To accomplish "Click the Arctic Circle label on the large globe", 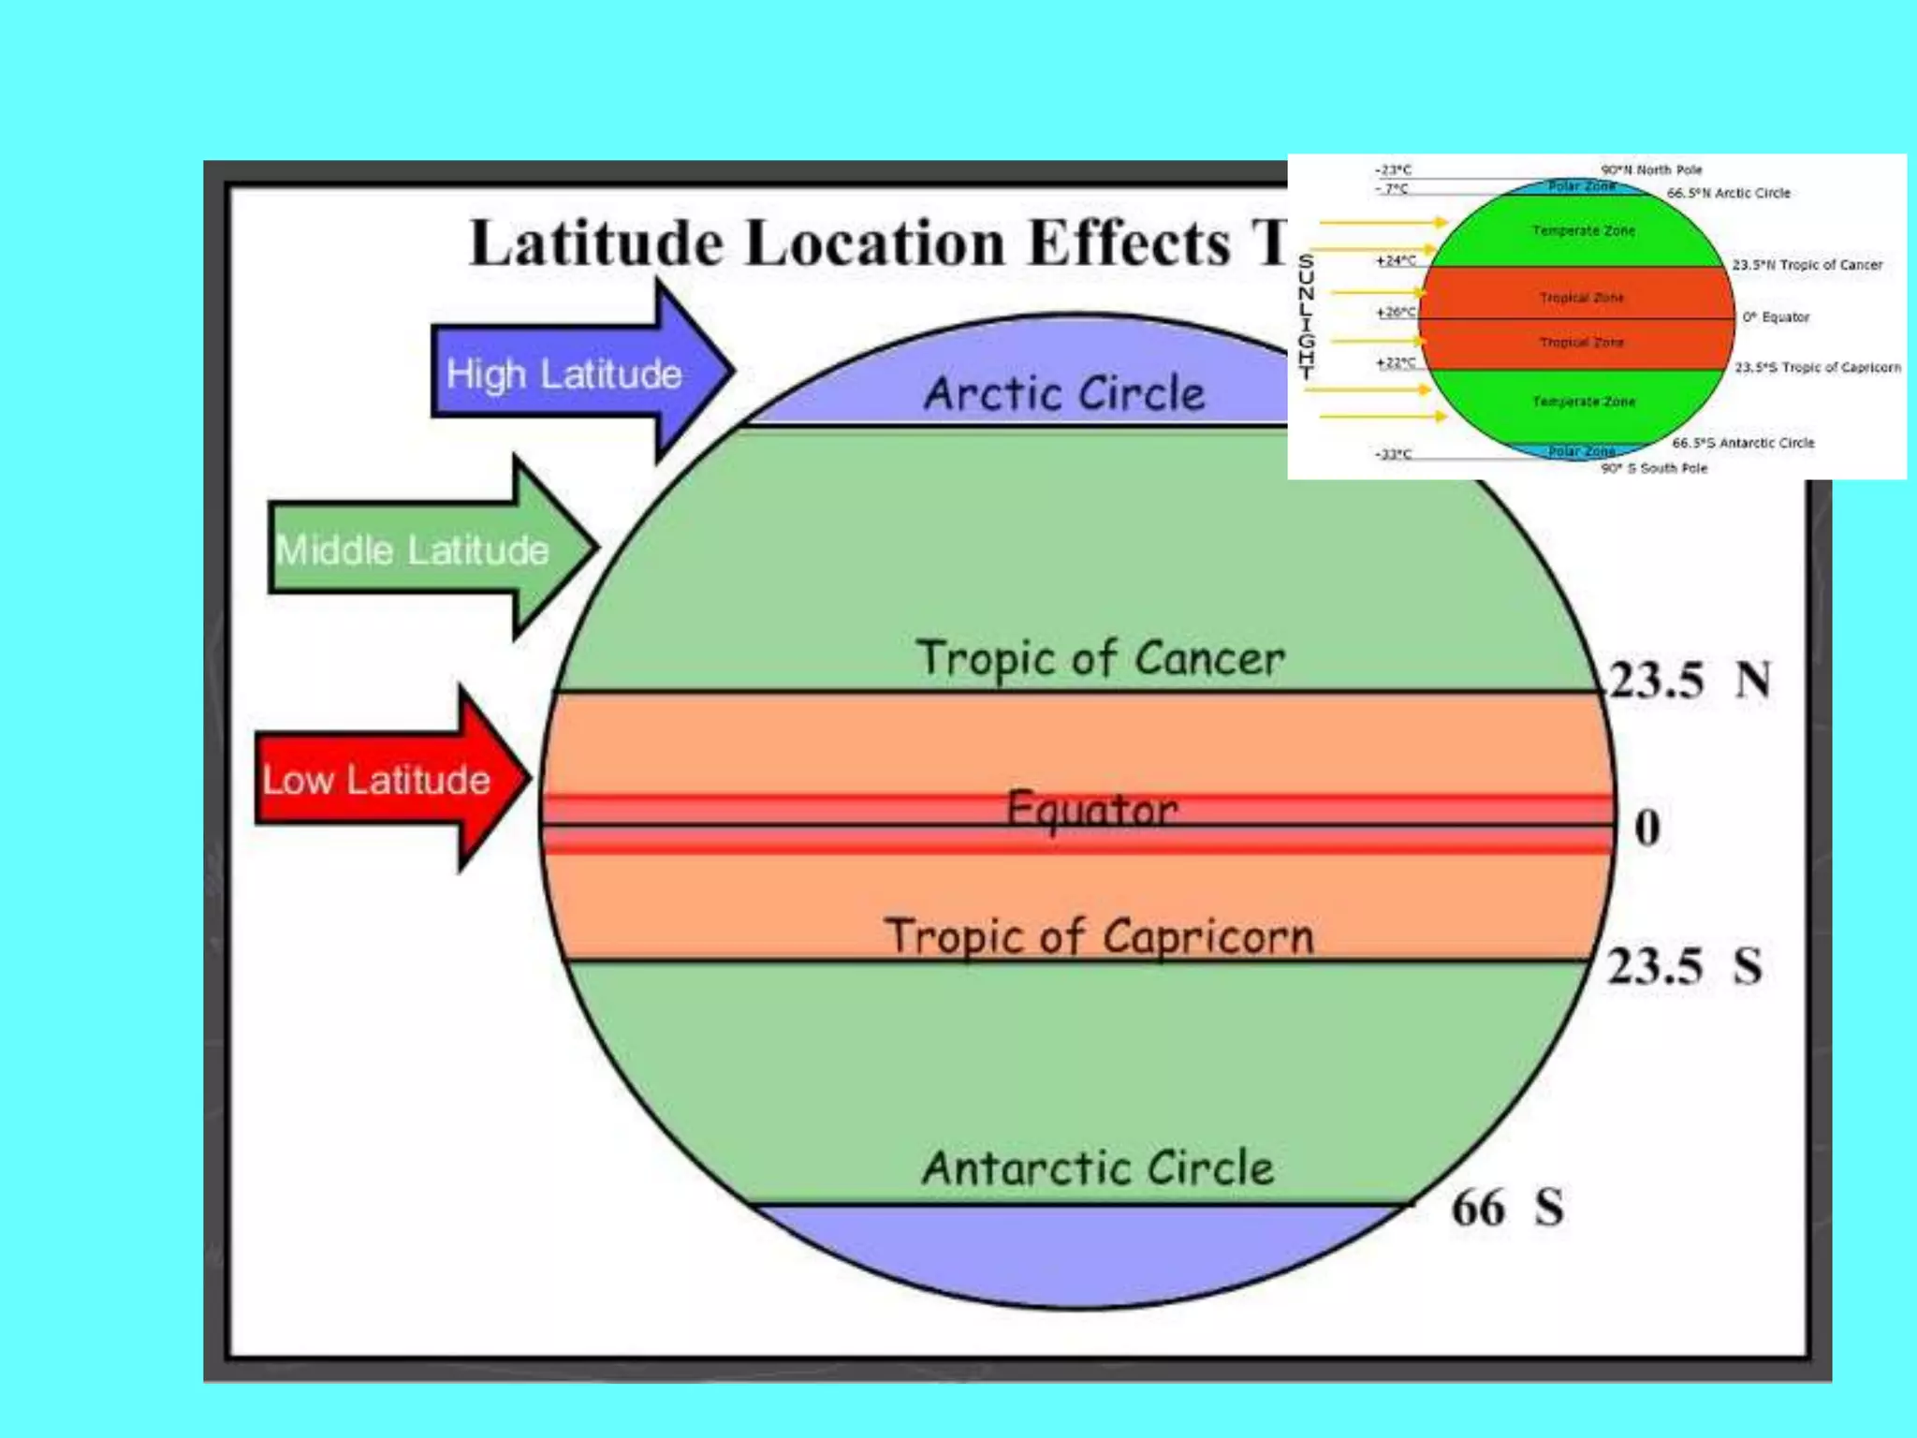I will click(x=1064, y=393).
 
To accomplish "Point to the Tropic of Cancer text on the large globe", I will click(x=1100, y=658).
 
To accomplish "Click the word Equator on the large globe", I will click(x=1091, y=809).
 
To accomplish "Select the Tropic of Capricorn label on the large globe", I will click(x=1100, y=936).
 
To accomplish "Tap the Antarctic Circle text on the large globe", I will click(x=1098, y=1167).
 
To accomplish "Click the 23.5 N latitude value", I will click(x=1688, y=680).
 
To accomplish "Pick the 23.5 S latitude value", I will click(x=1684, y=965).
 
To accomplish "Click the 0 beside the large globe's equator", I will click(x=1647, y=828).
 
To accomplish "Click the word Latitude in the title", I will click(x=596, y=243).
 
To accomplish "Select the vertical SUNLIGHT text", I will click(x=1306, y=315).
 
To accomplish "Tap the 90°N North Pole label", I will click(x=1651, y=169).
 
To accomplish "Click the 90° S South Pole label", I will click(x=1654, y=468).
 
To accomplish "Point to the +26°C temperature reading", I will click(x=1396, y=312).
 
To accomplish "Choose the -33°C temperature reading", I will click(x=1393, y=454).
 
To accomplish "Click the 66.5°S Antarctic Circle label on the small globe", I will click(x=1743, y=443).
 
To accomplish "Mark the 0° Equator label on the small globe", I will click(x=1776, y=317).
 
